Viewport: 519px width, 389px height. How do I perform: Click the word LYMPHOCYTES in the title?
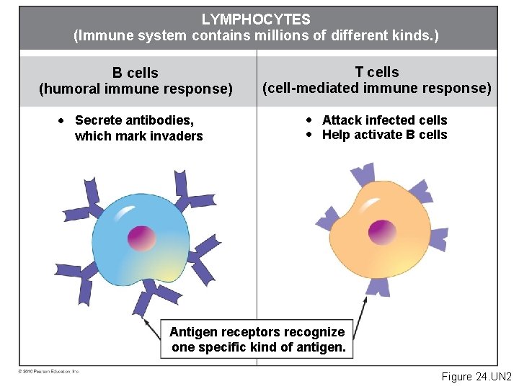click(256, 19)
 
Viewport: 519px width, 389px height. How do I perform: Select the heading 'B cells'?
click(135, 73)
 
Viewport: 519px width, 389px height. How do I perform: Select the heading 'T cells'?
click(376, 72)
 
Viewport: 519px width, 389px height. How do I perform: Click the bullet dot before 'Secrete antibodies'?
click(63, 120)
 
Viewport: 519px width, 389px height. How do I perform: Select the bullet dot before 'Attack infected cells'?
click(309, 120)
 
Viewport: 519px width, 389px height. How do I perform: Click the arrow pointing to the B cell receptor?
click(152, 328)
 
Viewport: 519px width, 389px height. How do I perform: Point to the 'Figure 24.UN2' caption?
click(476, 377)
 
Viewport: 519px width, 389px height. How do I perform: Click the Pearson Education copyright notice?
click(49, 371)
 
